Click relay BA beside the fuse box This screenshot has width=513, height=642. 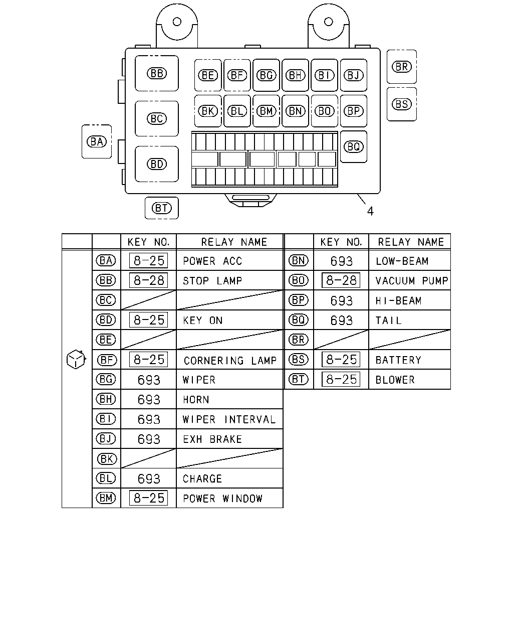[x=97, y=141]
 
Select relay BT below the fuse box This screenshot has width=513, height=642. [x=161, y=208]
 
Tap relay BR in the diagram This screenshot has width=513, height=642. [x=401, y=67]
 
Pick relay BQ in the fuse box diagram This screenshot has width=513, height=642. [x=354, y=146]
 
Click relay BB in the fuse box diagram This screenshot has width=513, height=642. [x=157, y=73]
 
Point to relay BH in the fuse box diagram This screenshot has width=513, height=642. [x=295, y=75]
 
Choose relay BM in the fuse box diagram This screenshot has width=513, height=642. [x=266, y=111]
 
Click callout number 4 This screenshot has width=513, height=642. [x=370, y=211]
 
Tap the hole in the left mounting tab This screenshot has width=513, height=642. [x=177, y=22]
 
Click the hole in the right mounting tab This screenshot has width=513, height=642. [x=329, y=22]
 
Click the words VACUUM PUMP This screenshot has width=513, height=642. [x=412, y=281]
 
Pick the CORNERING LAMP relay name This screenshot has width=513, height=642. [x=230, y=361]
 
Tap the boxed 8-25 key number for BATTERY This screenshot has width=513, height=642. [x=341, y=360]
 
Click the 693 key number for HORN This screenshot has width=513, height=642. [x=149, y=399]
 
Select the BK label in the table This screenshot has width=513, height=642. [x=107, y=459]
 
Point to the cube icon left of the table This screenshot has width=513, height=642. [x=76, y=360]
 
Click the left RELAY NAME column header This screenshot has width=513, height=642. [x=234, y=242]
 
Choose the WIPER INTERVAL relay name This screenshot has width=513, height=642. [x=229, y=419]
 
